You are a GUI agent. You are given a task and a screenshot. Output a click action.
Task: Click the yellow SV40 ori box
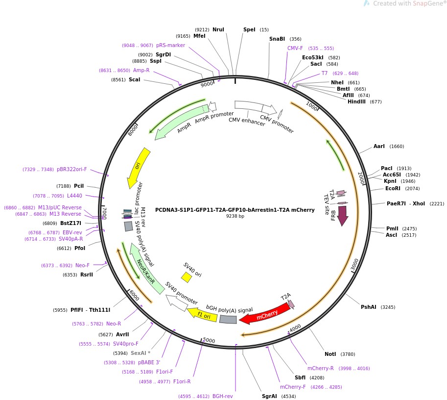tap(187, 277)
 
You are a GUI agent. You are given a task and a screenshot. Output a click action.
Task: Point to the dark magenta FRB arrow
tap(343, 215)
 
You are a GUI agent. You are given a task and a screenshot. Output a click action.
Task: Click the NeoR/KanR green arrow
tap(146, 269)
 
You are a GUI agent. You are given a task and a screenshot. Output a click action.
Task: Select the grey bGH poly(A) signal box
tap(228, 319)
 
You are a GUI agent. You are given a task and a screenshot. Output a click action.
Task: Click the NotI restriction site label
tap(330, 354)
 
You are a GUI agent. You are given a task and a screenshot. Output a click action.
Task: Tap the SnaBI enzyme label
tap(277, 39)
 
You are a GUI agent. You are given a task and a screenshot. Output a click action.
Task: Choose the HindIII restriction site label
tap(357, 102)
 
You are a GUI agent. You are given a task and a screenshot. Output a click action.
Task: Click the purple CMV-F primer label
tap(295, 48)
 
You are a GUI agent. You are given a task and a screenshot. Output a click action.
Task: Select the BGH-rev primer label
tap(223, 396)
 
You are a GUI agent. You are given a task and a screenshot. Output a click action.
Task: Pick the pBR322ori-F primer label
tap(71, 170)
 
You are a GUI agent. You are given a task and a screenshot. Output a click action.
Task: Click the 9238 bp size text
tap(235, 216)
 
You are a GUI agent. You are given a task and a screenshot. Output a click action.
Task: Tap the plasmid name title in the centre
tap(235, 210)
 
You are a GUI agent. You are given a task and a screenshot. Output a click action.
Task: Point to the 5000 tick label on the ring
tap(209, 340)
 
